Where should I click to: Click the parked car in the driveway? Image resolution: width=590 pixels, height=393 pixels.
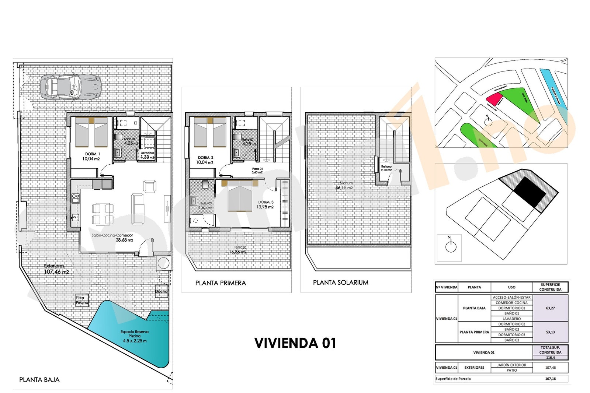(70, 87)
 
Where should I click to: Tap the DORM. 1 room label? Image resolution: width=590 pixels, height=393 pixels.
(91, 156)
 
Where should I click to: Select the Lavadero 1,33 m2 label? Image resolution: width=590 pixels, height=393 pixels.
(147, 155)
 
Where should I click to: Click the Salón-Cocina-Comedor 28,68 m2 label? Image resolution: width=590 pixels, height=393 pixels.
(112, 238)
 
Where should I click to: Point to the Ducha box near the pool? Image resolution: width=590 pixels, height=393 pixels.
(161, 291)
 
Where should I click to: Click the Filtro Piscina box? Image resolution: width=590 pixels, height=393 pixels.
(82, 300)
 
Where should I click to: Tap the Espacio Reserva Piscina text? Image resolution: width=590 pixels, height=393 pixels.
(135, 336)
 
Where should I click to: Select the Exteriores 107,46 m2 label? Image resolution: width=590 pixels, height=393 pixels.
(56, 269)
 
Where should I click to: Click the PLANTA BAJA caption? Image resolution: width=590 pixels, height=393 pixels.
(39, 379)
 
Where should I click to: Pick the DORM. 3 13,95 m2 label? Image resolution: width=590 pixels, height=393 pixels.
(265, 204)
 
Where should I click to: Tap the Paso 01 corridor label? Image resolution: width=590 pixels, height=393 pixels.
(257, 170)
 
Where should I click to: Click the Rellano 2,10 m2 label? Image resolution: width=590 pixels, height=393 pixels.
(386, 168)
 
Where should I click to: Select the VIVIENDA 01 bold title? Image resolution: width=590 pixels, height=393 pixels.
(295, 343)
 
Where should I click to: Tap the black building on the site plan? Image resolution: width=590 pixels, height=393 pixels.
(530, 192)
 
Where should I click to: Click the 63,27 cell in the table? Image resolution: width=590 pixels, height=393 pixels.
(550, 308)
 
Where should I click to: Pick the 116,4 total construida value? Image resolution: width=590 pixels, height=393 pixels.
(550, 357)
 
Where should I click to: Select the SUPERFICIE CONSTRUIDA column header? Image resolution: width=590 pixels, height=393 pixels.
(550, 287)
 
